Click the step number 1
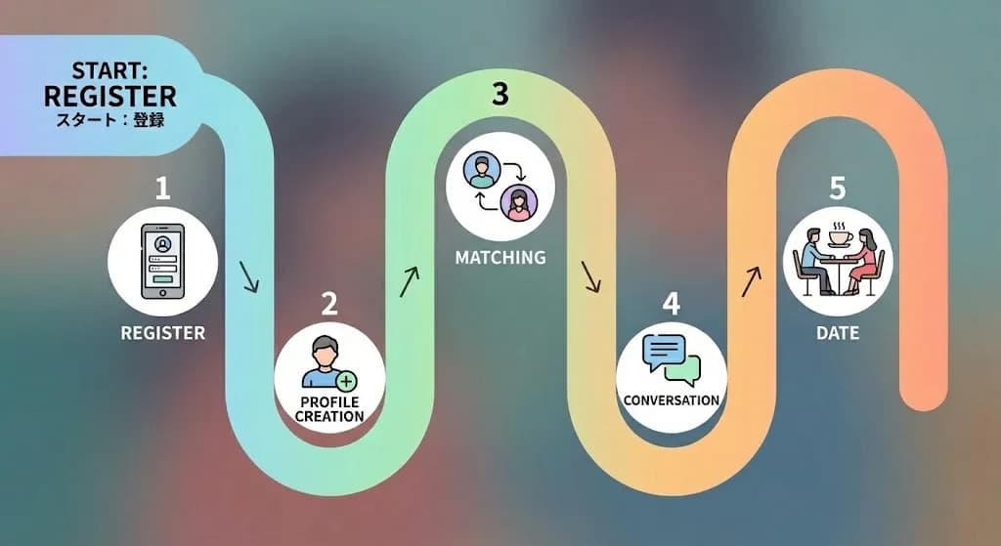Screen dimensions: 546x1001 [x=162, y=187]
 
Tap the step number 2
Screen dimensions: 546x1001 [x=329, y=303]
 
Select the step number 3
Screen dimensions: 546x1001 [x=500, y=95]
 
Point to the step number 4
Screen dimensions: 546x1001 [x=671, y=303]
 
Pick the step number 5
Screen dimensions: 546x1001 [x=837, y=187]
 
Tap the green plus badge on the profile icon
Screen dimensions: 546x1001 [x=346, y=380]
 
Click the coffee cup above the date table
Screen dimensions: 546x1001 [x=840, y=237]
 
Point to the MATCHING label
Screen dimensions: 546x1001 [x=500, y=259]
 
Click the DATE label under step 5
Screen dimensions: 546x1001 [x=837, y=333]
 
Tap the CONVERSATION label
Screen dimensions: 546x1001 [x=672, y=400]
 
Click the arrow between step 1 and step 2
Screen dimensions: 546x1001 [x=249, y=275]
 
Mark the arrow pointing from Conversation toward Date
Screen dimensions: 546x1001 [x=751, y=282]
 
